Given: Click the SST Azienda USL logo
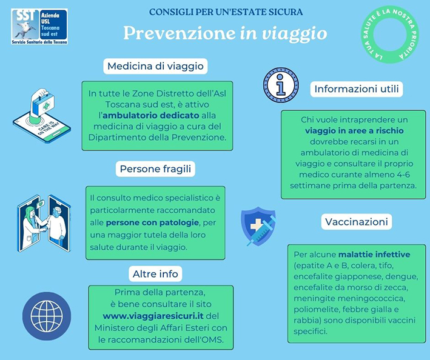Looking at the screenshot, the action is [39, 27].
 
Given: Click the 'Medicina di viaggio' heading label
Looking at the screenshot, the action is [155, 66].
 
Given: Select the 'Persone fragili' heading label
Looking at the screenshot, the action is [155, 168].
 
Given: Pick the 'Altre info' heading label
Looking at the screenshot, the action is [155, 274].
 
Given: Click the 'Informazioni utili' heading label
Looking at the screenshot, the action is [357, 88].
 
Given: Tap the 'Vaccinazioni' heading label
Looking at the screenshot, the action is [357, 221].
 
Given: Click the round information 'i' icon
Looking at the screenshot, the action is [281, 85].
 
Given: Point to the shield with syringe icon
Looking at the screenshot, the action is [258, 226].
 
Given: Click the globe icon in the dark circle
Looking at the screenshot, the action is [47, 316].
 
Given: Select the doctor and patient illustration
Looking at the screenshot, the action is [44, 223].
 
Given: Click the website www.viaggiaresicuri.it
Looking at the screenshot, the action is [153, 316].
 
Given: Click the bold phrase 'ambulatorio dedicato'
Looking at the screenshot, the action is [151, 115].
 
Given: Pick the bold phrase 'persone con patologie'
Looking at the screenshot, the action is [152, 222].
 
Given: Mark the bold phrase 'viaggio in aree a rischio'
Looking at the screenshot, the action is [354, 131].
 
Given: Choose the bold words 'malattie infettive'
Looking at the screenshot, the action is [374, 255].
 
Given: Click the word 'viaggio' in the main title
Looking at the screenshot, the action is [295, 34].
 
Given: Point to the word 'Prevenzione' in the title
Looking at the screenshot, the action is [180, 33].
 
